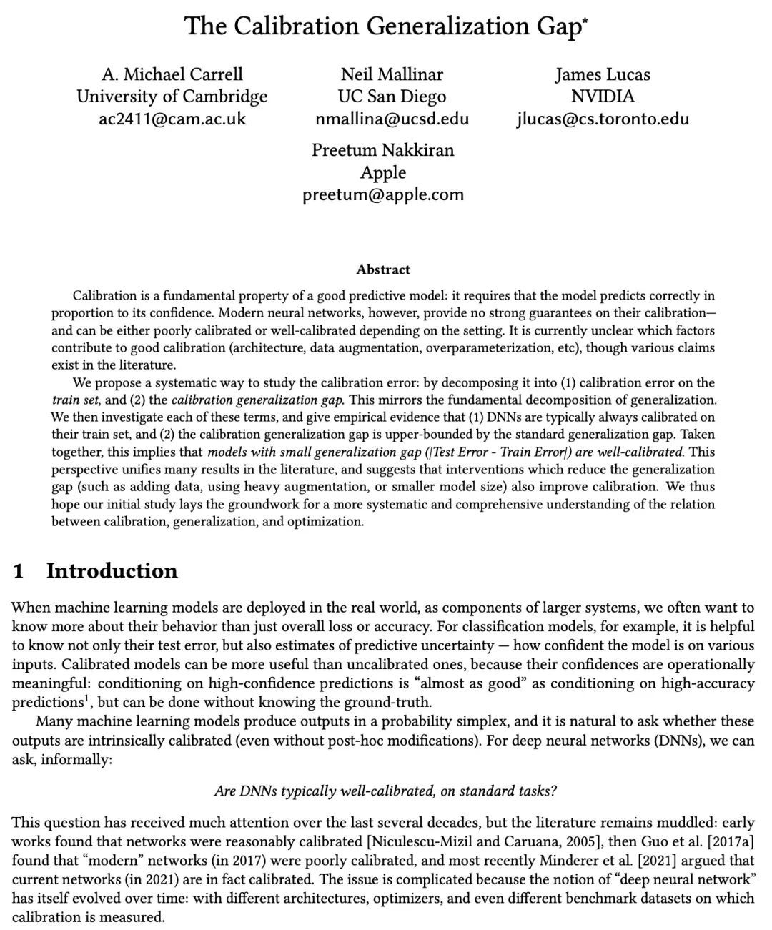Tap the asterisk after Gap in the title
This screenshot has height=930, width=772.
click(585, 19)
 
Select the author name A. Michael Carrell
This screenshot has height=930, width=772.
click(172, 74)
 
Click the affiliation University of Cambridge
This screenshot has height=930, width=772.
click(172, 97)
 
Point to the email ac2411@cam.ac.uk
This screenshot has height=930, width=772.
click(172, 119)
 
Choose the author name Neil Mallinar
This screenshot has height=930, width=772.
click(392, 74)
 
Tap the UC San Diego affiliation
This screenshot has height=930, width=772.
click(392, 97)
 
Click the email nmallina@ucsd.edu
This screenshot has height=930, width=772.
click(392, 119)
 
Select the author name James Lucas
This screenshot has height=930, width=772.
click(603, 74)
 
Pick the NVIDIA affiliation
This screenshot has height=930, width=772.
click(603, 97)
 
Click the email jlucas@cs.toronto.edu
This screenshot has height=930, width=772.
click(603, 119)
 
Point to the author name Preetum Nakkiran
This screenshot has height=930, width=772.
click(383, 150)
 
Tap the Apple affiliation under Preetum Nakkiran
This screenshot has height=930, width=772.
click(383, 172)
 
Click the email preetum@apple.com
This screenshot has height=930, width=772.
click(383, 194)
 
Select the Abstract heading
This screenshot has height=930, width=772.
click(383, 269)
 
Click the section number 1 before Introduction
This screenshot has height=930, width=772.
click(19, 571)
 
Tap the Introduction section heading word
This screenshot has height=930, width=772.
click(112, 571)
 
